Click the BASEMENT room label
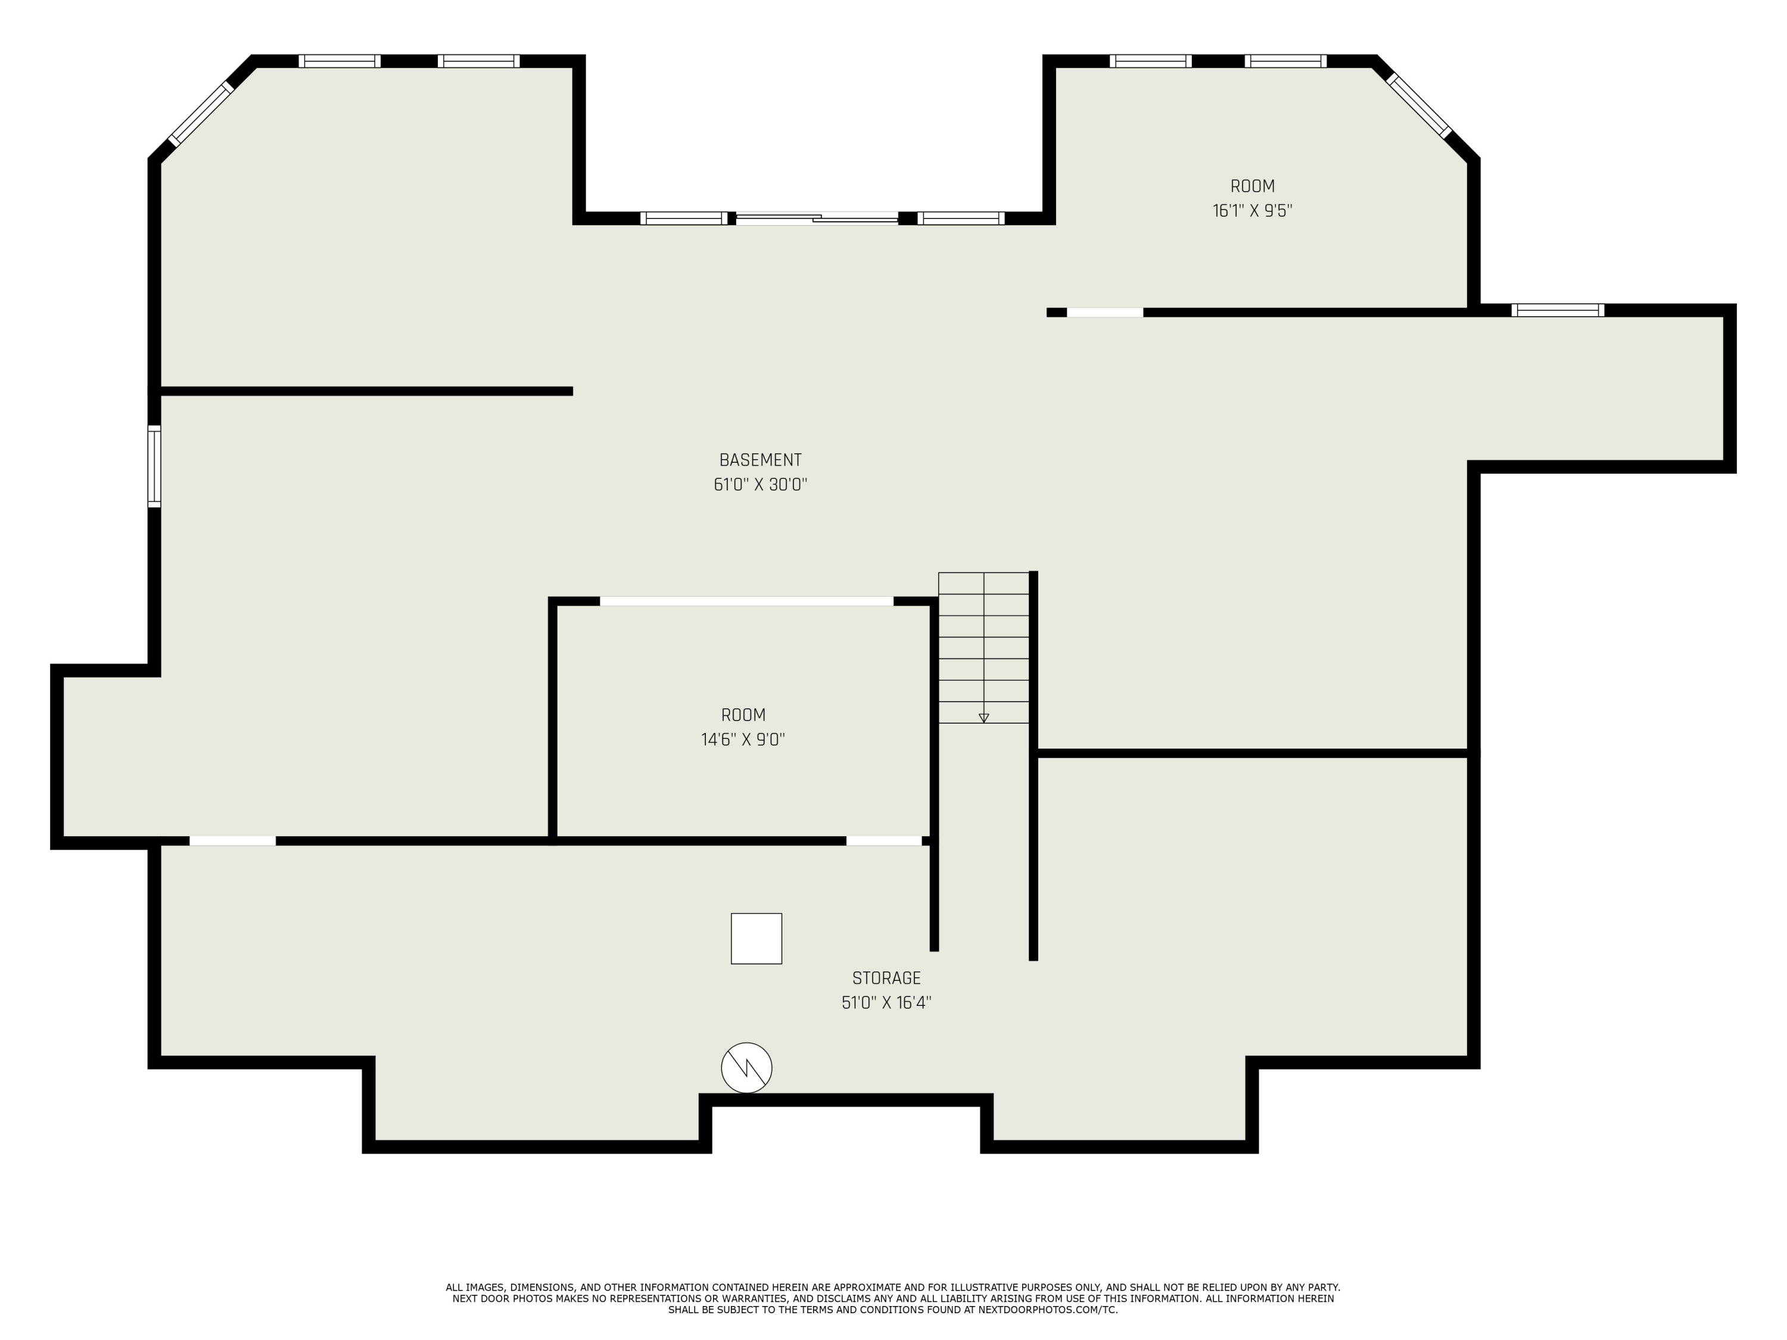760,460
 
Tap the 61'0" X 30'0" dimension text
760,485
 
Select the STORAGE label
886,978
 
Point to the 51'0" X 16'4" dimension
886,1003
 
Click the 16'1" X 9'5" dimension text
1252,211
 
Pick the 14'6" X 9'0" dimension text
742,740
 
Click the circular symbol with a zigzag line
746,1068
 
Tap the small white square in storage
756,939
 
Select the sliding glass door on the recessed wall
817,218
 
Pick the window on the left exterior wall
154,466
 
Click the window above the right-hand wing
1558,310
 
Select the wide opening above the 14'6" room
746,601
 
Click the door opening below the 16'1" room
1104,313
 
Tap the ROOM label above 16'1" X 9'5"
1252,186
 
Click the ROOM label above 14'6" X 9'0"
742,715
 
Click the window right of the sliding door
961,218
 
